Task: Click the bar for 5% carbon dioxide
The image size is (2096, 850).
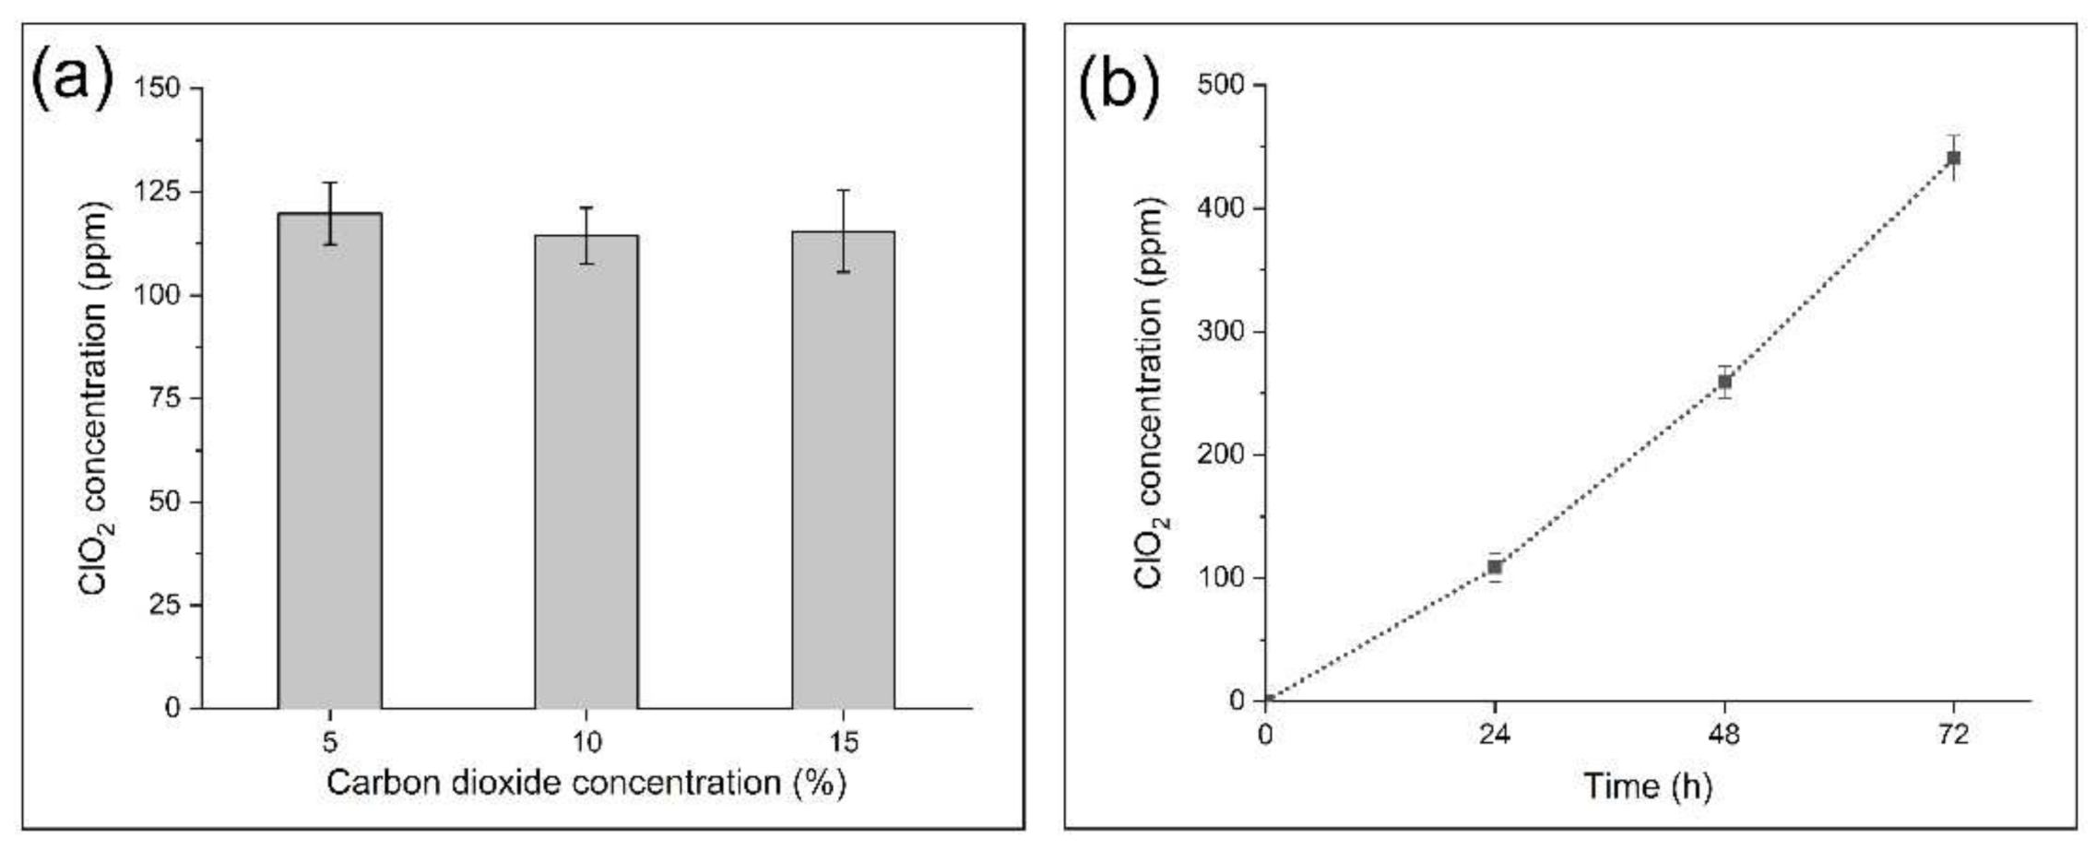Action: (330, 461)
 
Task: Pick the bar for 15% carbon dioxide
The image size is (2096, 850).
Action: (843, 470)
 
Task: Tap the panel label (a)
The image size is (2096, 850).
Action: (72, 78)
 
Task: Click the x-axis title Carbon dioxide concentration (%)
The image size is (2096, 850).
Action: (586, 783)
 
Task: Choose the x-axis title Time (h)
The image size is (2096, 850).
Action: (1647, 785)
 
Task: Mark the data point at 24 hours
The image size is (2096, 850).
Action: (1495, 567)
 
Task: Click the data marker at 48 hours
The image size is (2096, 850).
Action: (1724, 382)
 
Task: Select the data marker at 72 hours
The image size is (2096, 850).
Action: (1953, 158)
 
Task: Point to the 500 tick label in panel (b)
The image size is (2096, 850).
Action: (1220, 85)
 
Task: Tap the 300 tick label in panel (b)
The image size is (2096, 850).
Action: (1220, 331)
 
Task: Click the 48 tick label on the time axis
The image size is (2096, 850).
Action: (1724, 735)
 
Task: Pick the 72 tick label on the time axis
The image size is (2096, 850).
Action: (1953, 735)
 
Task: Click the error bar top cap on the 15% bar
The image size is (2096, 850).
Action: (843, 190)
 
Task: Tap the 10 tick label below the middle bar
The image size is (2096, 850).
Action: (586, 741)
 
